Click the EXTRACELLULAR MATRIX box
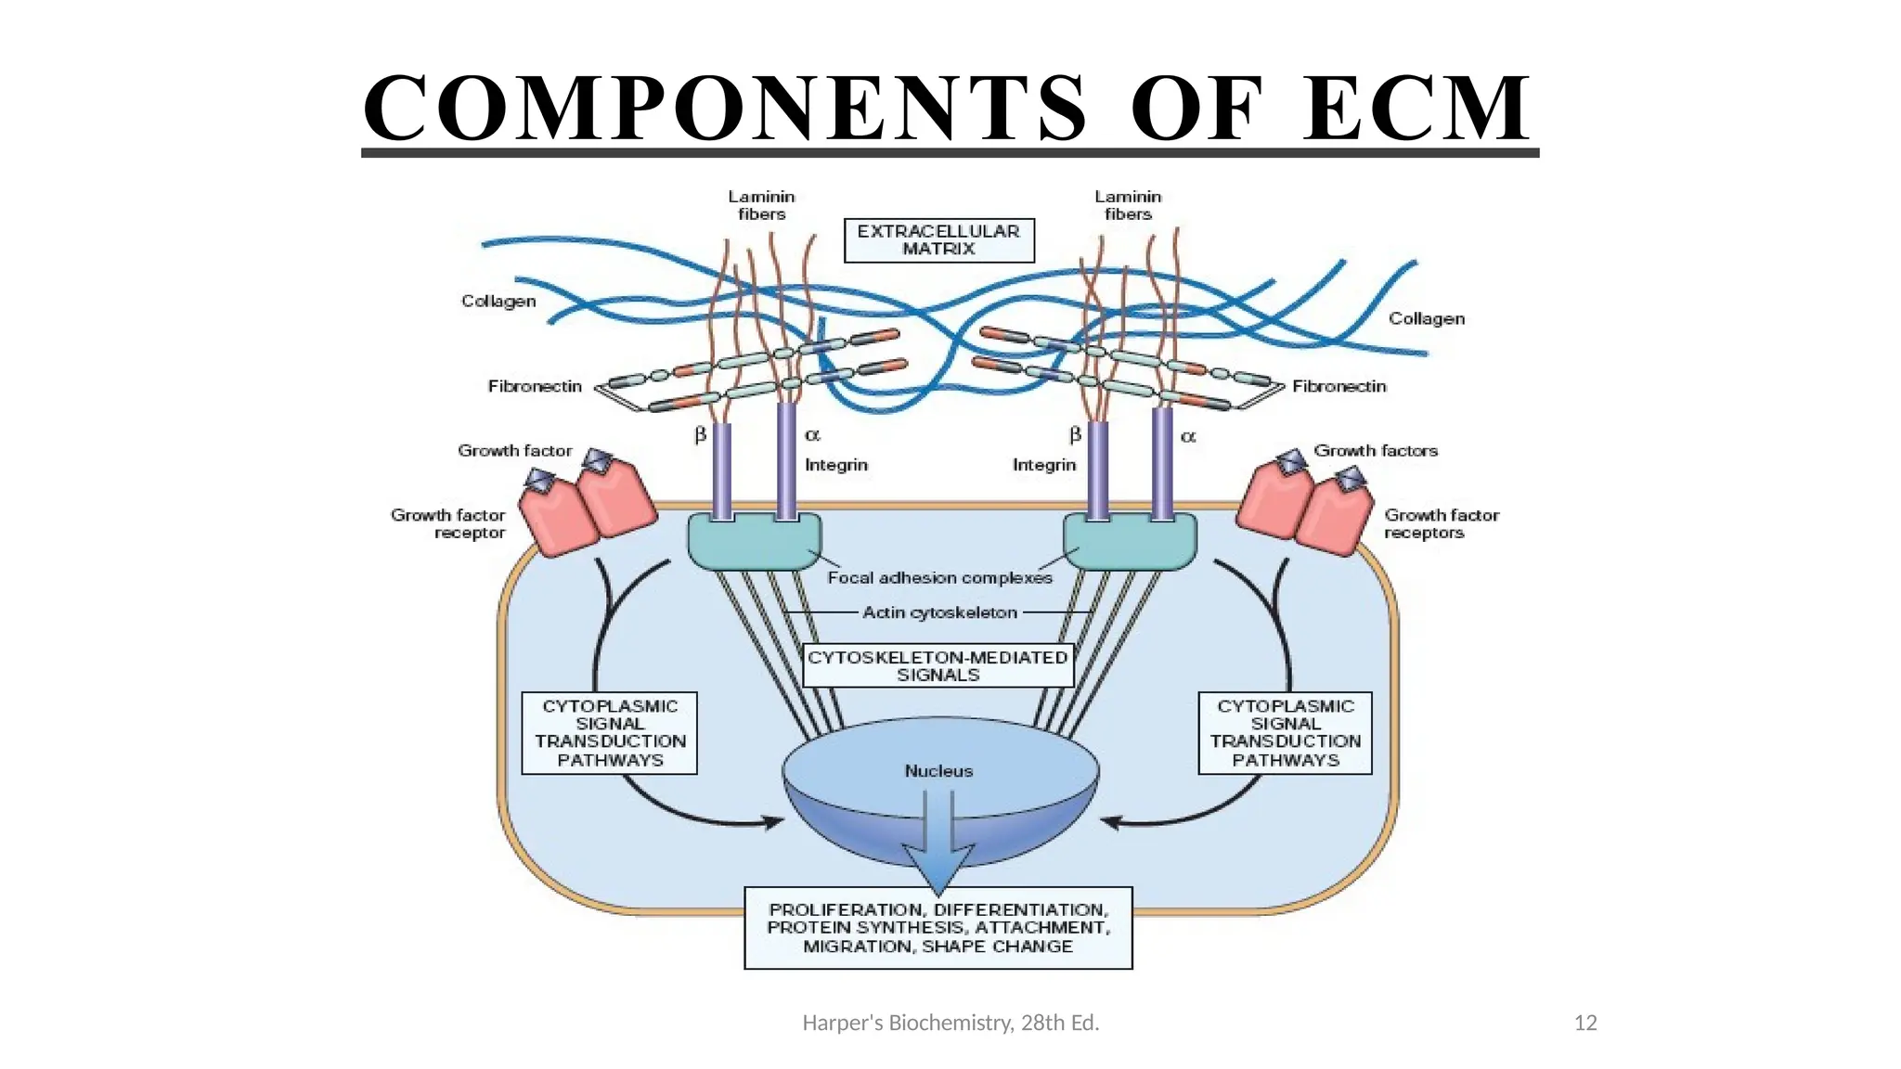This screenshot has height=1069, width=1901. [x=938, y=240]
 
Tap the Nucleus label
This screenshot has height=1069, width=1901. [x=938, y=771]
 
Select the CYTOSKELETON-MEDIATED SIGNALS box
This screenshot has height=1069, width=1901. [x=938, y=665]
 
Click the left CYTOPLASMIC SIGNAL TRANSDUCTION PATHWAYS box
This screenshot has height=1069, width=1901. [x=610, y=733]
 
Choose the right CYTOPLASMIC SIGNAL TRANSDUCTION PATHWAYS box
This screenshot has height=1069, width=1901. [x=1285, y=733]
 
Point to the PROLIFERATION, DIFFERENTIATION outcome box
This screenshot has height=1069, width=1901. [x=938, y=928]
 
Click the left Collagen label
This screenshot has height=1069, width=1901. [x=498, y=302]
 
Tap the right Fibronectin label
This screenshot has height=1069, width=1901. [x=1338, y=386]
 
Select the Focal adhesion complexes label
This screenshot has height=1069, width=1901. [x=939, y=578]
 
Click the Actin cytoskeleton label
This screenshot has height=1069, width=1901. [x=939, y=612]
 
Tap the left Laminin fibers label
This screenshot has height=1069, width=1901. [x=761, y=205]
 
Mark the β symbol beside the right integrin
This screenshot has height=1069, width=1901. [x=1075, y=435]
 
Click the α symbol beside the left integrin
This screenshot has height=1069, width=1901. [x=812, y=435]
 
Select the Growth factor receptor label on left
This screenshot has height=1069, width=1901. [x=449, y=523]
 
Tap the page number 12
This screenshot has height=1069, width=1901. [x=1585, y=1023]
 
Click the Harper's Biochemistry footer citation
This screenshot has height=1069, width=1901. [x=950, y=1023]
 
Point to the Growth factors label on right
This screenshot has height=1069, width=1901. [x=1375, y=451]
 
